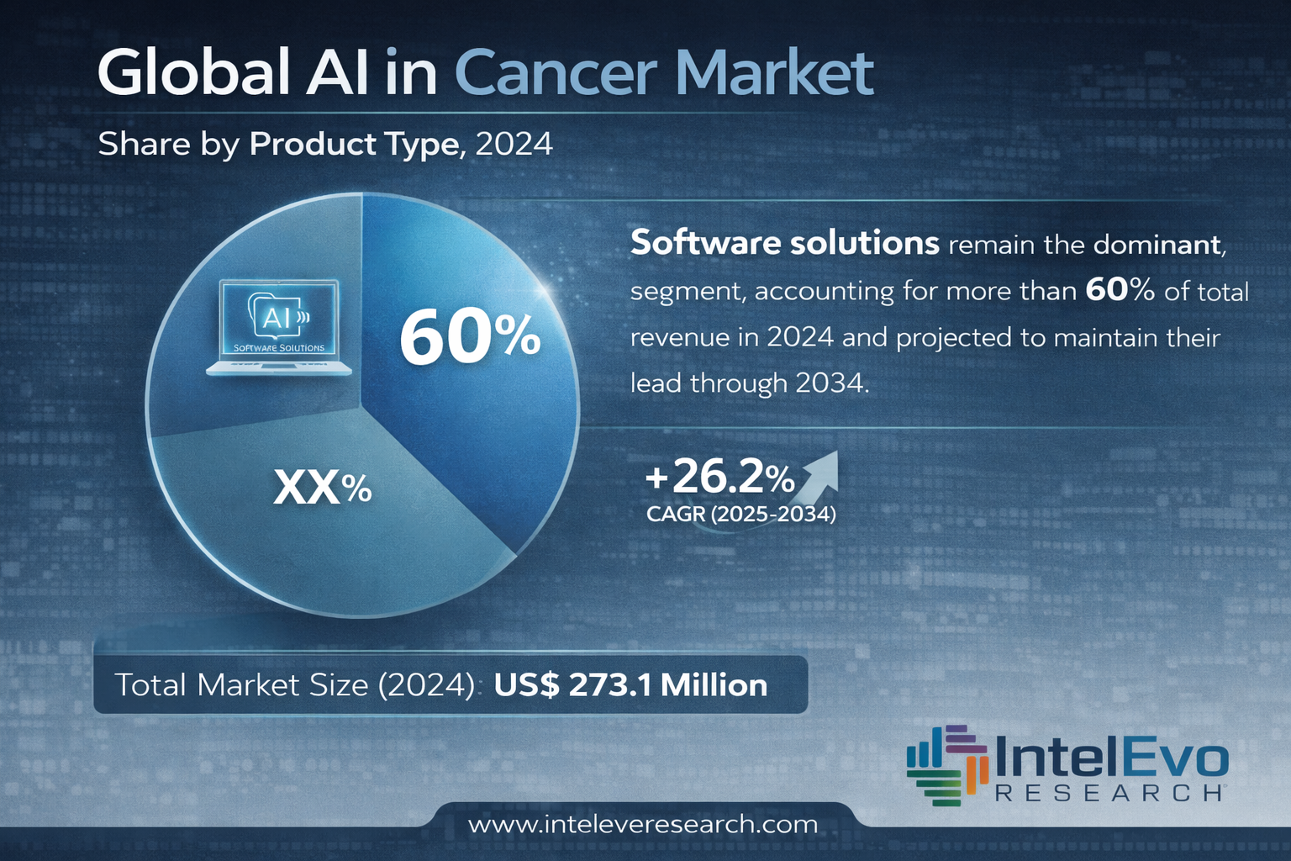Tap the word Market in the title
pyautogui.click(x=774, y=73)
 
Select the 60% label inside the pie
pyautogui.click(x=469, y=338)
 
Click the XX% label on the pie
pyautogui.click(x=323, y=488)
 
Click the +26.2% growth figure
pyautogui.click(x=719, y=478)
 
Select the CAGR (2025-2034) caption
pyautogui.click(x=740, y=514)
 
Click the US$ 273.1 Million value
pyautogui.click(x=630, y=685)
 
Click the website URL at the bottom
pyautogui.click(x=643, y=824)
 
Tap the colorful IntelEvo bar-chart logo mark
pyautogui.click(x=946, y=764)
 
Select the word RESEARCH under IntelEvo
pyautogui.click(x=1108, y=793)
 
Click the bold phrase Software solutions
pyautogui.click(x=784, y=243)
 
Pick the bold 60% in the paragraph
pyautogui.click(x=1120, y=290)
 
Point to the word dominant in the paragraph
pyautogui.click(x=1157, y=245)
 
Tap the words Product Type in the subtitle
pyautogui.click(x=354, y=145)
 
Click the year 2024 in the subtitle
pyautogui.click(x=514, y=145)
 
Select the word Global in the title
pyautogui.click(x=194, y=73)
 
